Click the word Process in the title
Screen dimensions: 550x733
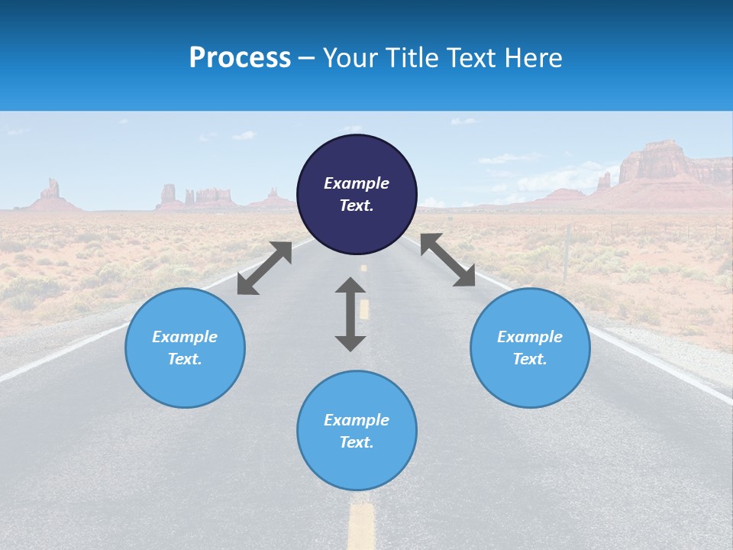pos(240,58)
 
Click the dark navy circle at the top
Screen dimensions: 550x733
pos(357,195)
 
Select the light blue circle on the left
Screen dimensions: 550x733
pos(185,348)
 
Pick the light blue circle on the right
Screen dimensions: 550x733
pos(530,348)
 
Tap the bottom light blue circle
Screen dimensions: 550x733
pos(357,431)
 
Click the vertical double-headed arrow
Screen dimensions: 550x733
pos(350,314)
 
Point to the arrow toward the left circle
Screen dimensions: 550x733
pos(264,268)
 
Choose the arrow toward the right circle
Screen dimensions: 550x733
pos(447,260)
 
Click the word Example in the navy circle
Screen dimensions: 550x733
pos(357,183)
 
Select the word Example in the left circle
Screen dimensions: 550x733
pos(185,337)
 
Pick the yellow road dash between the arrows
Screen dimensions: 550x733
pos(364,309)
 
